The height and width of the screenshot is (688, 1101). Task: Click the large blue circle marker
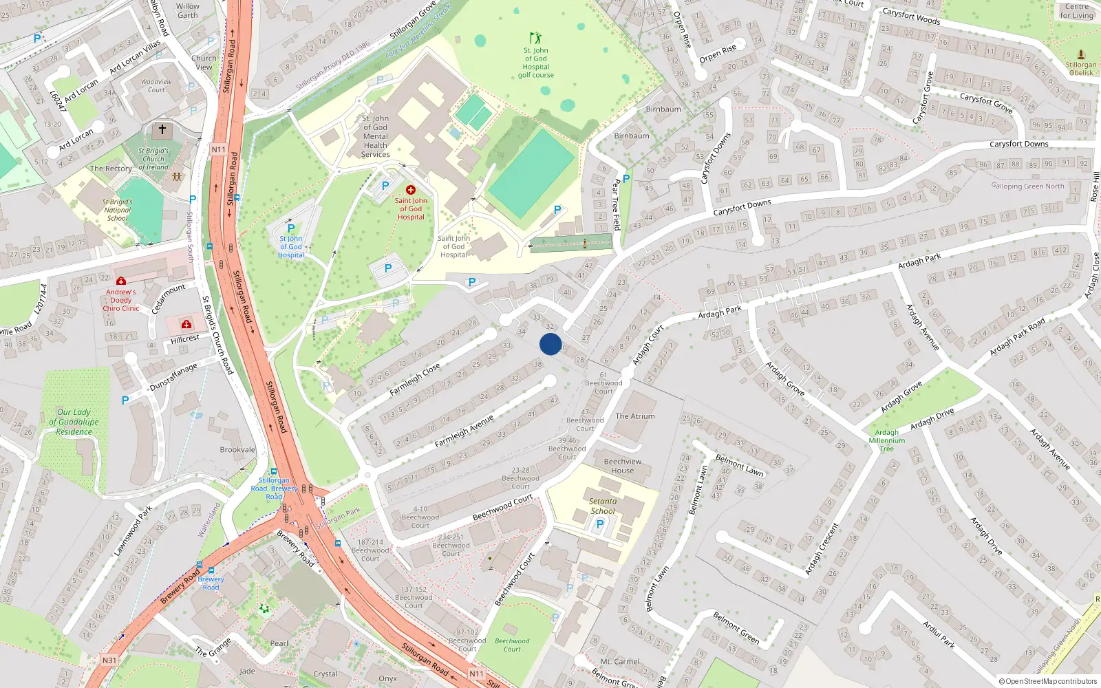(x=550, y=344)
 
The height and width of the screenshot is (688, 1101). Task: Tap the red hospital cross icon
(x=411, y=190)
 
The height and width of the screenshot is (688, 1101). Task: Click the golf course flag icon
(x=535, y=38)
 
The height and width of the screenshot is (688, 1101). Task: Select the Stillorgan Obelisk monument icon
(x=1080, y=54)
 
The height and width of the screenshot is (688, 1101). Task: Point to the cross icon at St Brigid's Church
(x=162, y=129)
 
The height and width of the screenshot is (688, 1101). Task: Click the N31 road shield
(x=109, y=660)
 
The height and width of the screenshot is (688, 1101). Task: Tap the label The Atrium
(x=634, y=416)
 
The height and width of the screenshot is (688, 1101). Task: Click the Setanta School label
(x=603, y=506)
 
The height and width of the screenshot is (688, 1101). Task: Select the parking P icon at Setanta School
(x=599, y=524)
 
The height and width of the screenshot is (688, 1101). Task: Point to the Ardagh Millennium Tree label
(x=887, y=441)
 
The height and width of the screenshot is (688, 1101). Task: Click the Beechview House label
(x=622, y=466)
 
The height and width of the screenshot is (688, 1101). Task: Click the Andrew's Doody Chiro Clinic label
(x=120, y=300)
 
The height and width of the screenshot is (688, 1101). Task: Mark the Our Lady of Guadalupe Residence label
(x=74, y=422)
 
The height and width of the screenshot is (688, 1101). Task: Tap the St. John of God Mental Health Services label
(x=375, y=136)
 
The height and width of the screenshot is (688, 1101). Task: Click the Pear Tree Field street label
(x=617, y=205)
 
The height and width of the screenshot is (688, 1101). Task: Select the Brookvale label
(x=237, y=450)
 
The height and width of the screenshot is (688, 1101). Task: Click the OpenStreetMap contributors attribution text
(x=1047, y=682)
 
